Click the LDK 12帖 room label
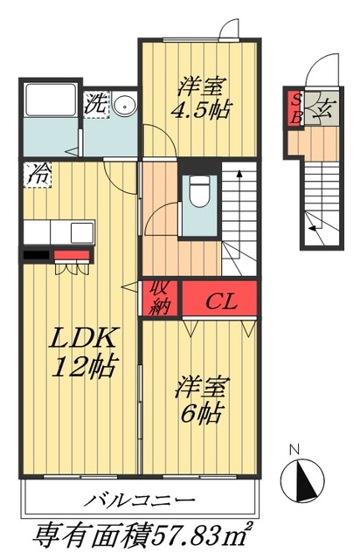(x=83, y=352)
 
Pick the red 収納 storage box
(x=159, y=298)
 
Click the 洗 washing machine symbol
(x=96, y=103)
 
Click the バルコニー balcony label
(x=140, y=502)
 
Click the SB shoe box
(x=296, y=107)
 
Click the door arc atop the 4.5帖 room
(x=230, y=29)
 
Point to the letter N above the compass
(x=295, y=451)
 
